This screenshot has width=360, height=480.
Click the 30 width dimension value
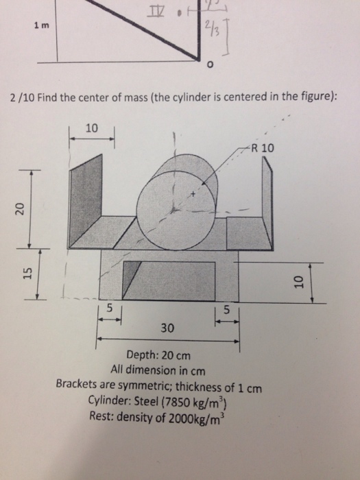click(x=167, y=328)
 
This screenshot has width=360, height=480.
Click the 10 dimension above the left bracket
click(x=92, y=127)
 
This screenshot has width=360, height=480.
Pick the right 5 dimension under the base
click(x=228, y=310)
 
